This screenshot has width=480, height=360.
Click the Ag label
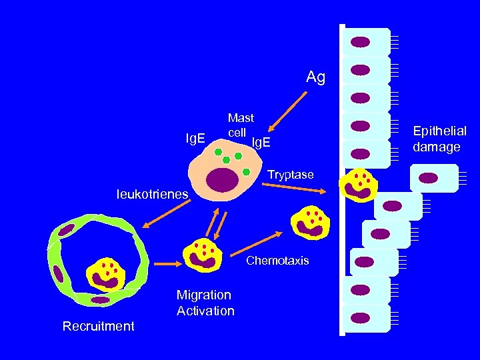pos(315,77)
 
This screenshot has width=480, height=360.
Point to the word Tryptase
pos(290,175)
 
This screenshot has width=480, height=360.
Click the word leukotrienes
pos(152,195)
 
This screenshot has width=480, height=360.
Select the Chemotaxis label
pos(277,261)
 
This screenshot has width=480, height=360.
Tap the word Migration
pos(204,295)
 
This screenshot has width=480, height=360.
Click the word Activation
pos(205,311)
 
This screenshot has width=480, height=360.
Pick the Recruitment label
pos(98,326)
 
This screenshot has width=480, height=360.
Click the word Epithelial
pos(439,131)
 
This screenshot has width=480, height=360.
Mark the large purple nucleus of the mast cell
pos(222,180)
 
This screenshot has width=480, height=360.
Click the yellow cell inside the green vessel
pos(106,273)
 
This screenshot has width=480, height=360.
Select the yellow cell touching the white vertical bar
pos(360,185)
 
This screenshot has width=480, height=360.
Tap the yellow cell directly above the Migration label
pos(202,254)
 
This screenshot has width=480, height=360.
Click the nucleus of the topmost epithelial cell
pos(360,42)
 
